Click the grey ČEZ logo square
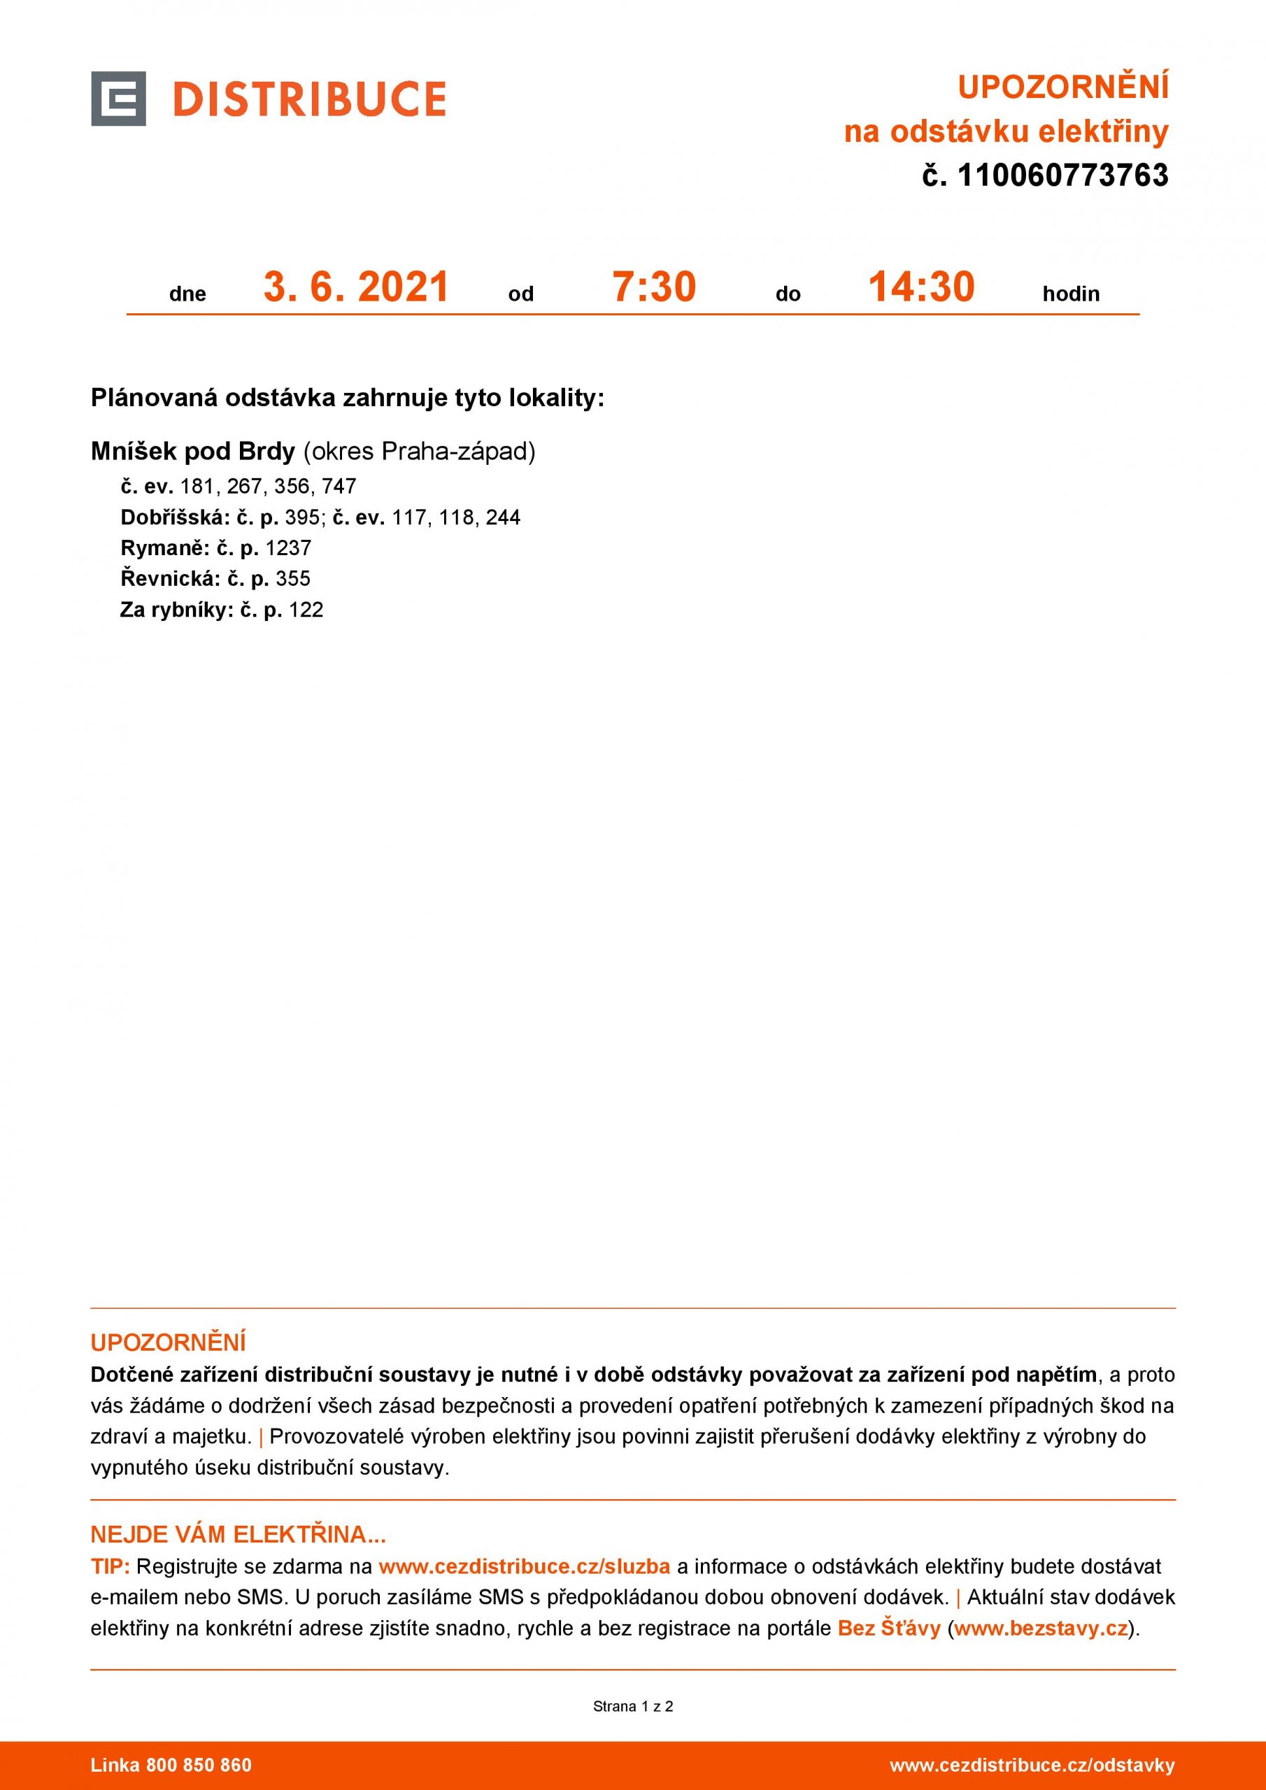tap(118, 98)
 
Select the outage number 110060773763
tap(1062, 176)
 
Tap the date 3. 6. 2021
tap(357, 287)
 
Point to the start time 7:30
tap(654, 287)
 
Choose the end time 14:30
tap(921, 287)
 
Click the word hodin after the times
tap(1070, 294)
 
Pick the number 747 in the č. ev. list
tap(339, 487)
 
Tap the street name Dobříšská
tap(174, 517)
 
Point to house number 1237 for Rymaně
tap(288, 548)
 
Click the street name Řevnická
tap(169, 578)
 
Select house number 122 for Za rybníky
tap(306, 610)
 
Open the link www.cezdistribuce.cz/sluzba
tap(524, 1566)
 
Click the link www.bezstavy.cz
tap(1041, 1628)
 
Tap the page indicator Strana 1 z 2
tap(632, 1707)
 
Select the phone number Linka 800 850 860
tap(171, 1765)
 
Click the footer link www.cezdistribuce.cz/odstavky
tap(1031, 1765)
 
